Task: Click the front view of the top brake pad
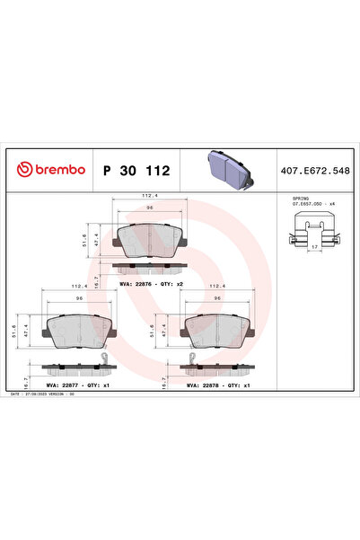pyautogui.click(x=150, y=238)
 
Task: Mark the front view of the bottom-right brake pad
pyautogui.click(x=216, y=332)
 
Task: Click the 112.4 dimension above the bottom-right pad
pyautogui.click(x=216, y=288)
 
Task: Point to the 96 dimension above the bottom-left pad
pyautogui.click(x=79, y=298)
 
